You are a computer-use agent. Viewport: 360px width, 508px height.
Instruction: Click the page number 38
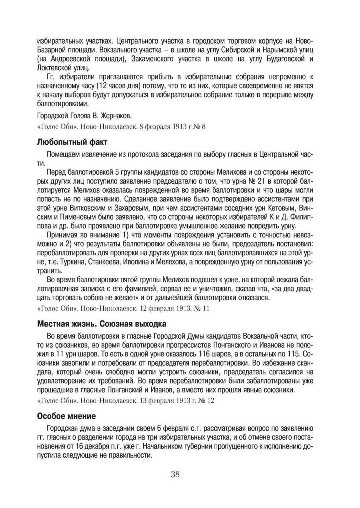tap(175, 474)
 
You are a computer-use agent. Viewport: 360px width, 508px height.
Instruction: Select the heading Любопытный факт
tap(72, 142)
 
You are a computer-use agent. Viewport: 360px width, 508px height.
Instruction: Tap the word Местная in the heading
tap(52, 324)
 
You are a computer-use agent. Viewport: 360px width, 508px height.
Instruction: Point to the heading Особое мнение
tap(66, 416)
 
